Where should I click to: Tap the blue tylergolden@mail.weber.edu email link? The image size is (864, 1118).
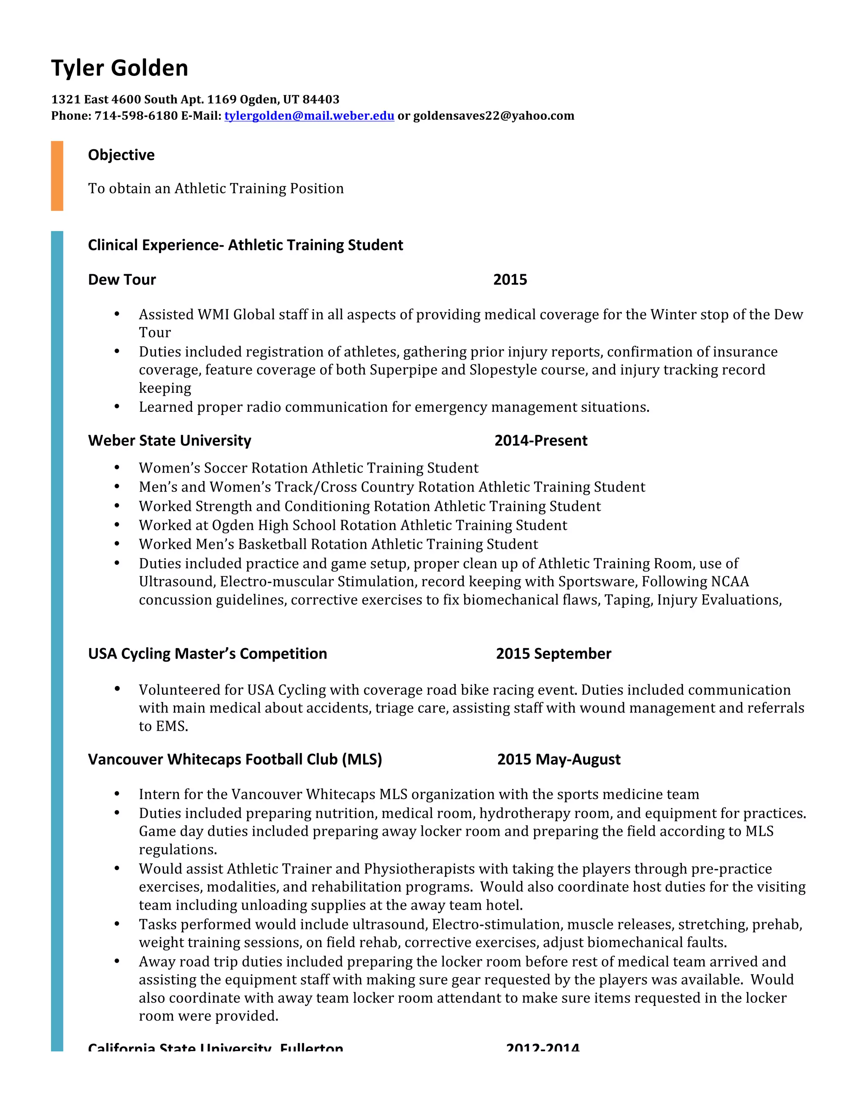[x=309, y=116]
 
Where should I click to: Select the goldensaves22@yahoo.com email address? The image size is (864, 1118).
[x=494, y=116]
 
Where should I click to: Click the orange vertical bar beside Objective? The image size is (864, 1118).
[x=57, y=176]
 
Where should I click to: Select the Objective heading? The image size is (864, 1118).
[x=121, y=154]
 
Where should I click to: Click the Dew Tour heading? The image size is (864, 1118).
[x=122, y=279]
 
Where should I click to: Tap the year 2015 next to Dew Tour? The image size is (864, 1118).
[x=510, y=279]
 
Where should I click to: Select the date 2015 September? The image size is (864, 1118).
[x=553, y=654]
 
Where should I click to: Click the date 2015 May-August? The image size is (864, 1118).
[x=559, y=759]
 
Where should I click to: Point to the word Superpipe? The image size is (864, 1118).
[x=403, y=370]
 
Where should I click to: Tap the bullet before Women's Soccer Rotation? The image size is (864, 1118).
[x=117, y=467]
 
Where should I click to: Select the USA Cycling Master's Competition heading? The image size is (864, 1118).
[x=207, y=654]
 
